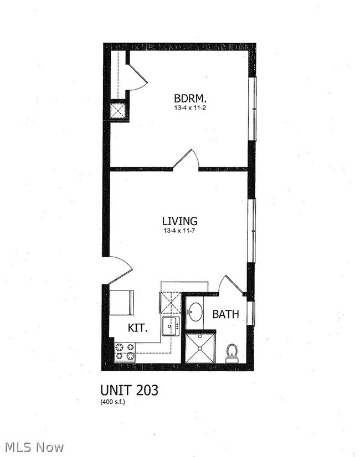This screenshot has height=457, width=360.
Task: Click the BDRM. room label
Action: tap(190, 98)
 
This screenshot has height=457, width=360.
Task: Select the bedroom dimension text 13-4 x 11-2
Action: tap(190, 108)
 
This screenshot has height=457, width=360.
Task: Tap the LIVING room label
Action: tap(180, 221)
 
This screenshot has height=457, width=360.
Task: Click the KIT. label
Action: tap(137, 328)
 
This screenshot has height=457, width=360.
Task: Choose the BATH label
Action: tap(226, 315)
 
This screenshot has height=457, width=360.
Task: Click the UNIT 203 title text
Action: tap(129, 391)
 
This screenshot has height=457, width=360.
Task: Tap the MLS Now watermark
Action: tap(35, 446)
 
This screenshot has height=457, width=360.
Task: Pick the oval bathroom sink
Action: tap(194, 312)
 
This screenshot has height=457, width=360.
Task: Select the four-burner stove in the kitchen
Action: tap(124, 352)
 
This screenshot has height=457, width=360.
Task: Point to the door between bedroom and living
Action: tap(187, 159)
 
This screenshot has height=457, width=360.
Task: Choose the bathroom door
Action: tap(231, 285)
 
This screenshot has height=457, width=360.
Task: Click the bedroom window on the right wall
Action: tap(253, 108)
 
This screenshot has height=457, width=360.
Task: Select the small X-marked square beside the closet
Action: tap(119, 111)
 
